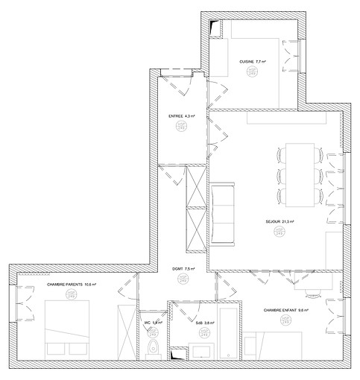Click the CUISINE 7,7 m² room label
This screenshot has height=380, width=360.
(252, 62)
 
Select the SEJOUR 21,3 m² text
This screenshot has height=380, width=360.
(280, 221)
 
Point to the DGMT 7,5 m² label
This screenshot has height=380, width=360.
(182, 269)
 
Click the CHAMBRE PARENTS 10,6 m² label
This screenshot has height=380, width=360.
(72, 285)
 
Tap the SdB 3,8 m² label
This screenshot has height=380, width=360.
(205, 323)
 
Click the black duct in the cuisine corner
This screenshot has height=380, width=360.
(216, 28)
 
